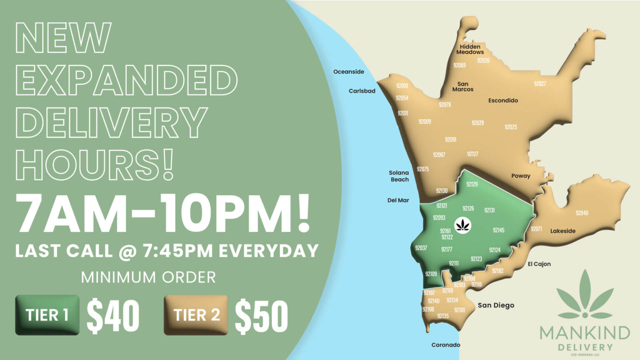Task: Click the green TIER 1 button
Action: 47,315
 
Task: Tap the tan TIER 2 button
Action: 196,315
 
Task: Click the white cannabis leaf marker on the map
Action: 462,225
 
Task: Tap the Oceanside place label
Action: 349,72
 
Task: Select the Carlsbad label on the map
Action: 362,91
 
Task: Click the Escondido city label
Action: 503,100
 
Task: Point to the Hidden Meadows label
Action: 470,49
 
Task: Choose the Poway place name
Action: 521,176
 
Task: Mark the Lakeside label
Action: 563,231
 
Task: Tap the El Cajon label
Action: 539,264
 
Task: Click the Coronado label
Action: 446,345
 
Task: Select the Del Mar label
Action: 398,200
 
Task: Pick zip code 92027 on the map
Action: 540,84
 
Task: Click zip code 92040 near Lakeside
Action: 582,213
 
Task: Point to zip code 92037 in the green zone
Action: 421,248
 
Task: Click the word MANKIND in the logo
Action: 585,333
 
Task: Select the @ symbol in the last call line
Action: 127,251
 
